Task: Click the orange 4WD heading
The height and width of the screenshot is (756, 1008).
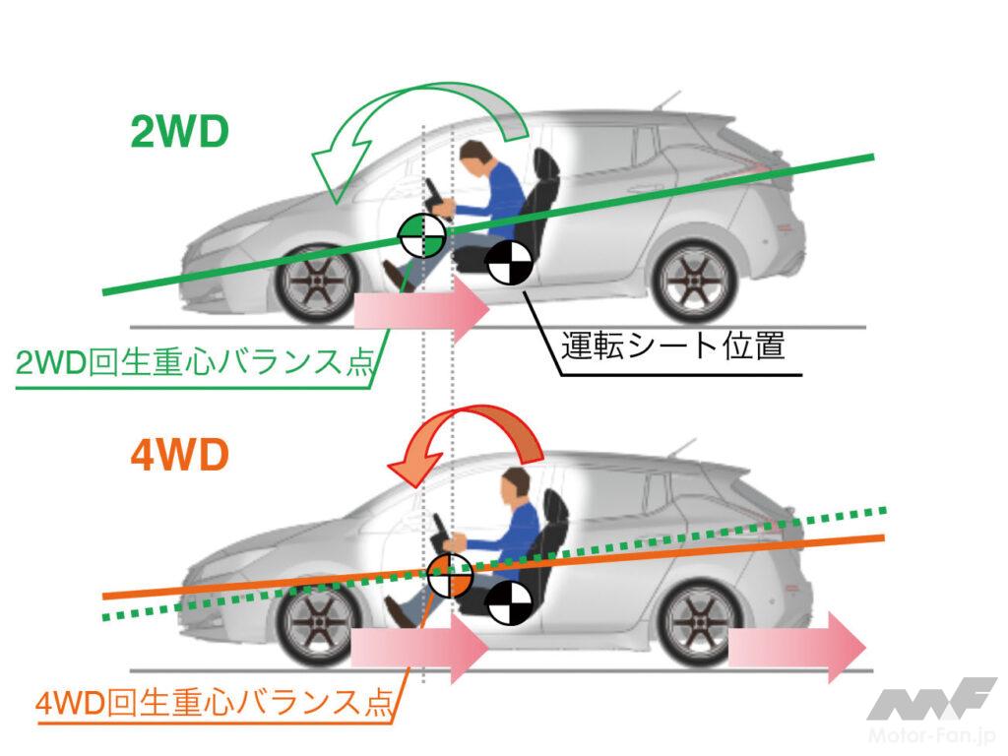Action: click(x=179, y=458)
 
